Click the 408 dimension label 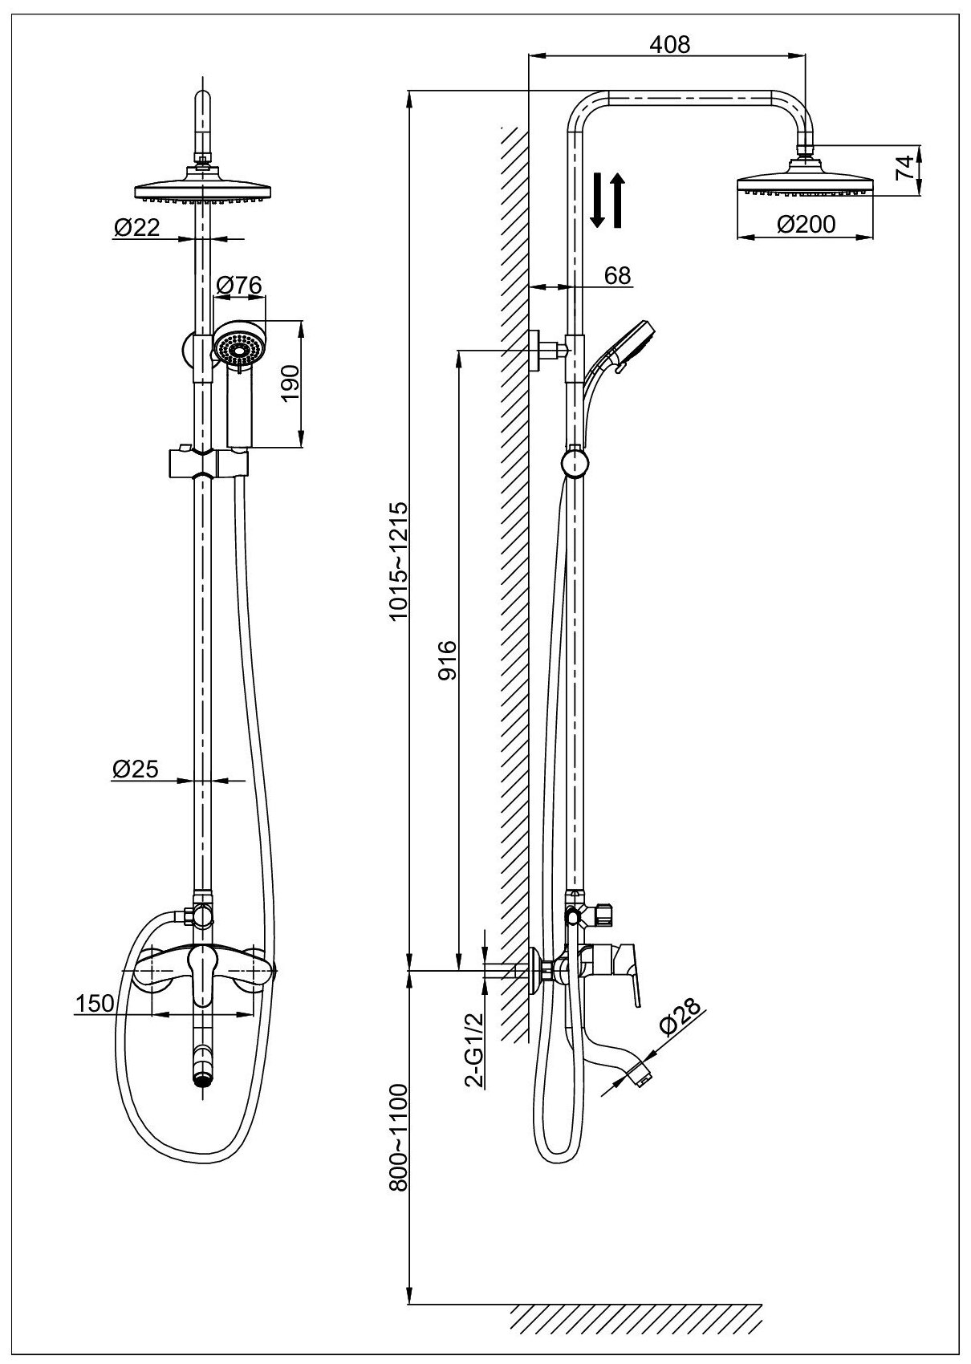(670, 44)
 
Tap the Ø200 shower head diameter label (806, 224)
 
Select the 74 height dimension (904, 168)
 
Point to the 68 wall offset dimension (616, 275)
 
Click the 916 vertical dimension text (447, 660)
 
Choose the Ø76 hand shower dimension (240, 284)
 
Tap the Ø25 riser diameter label (136, 769)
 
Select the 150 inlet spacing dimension (92, 1003)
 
